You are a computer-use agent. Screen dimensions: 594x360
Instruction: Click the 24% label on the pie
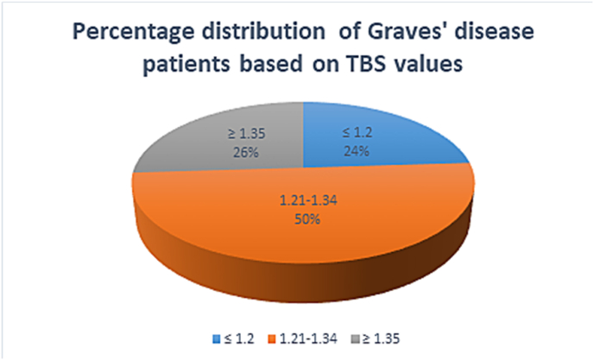point(357,151)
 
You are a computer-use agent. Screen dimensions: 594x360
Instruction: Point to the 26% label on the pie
point(246,152)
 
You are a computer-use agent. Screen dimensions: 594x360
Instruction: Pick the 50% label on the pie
point(307,219)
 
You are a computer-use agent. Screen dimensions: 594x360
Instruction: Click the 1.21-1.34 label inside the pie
point(308,200)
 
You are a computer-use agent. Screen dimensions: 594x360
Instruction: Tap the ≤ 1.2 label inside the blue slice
point(357,133)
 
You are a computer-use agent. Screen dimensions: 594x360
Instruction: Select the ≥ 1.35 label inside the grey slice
point(246,134)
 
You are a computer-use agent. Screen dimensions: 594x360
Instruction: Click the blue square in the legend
point(217,338)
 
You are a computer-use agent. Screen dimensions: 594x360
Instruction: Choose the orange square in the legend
point(272,338)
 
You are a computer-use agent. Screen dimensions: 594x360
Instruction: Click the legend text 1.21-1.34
point(308,338)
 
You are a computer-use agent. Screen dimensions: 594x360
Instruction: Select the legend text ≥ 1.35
point(381,338)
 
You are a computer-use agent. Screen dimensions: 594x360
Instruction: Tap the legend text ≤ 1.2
point(239,338)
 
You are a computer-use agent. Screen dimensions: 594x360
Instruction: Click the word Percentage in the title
point(134,32)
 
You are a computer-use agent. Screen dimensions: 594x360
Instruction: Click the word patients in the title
point(186,65)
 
